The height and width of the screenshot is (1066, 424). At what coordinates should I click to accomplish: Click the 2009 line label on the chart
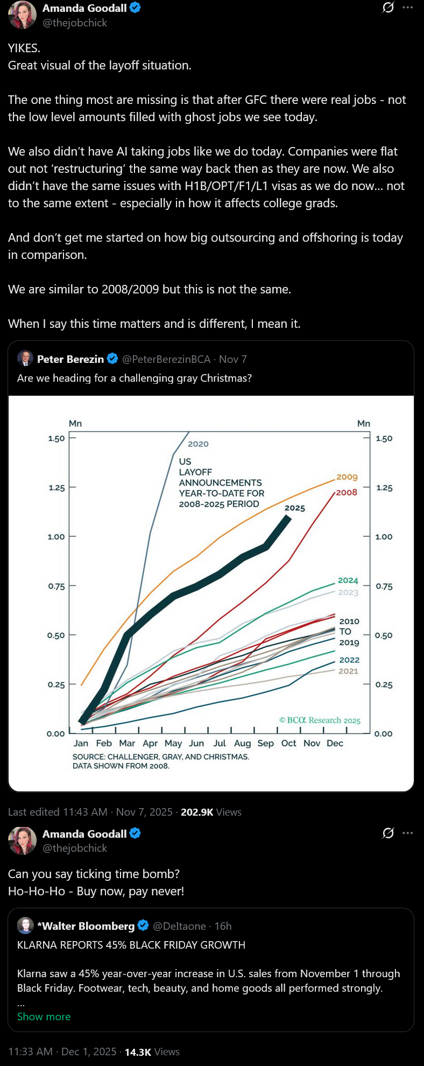(347, 477)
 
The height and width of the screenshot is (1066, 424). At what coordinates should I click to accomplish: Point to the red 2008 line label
(347, 492)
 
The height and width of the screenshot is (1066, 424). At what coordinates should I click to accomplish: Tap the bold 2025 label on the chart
(295, 508)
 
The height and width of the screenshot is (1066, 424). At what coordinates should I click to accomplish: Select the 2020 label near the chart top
(198, 444)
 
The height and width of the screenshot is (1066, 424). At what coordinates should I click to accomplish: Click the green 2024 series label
(348, 580)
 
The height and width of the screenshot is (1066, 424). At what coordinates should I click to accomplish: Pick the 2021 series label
(348, 671)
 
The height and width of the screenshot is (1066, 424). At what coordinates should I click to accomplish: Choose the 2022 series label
(349, 660)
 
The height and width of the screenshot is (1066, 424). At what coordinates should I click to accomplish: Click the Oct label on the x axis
(288, 743)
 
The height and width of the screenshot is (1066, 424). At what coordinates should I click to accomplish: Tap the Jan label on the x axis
(81, 743)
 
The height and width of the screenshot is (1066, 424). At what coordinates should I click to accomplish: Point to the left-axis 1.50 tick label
(56, 438)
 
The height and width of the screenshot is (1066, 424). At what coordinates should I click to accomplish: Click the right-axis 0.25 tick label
(384, 685)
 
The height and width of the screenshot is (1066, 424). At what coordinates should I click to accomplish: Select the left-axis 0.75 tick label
(56, 586)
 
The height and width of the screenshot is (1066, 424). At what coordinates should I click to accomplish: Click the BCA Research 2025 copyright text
(320, 720)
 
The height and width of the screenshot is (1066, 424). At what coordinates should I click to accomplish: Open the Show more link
(44, 1016)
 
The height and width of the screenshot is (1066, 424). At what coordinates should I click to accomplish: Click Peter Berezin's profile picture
(25, 359)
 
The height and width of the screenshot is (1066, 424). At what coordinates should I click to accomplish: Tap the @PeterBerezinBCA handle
(166, 359)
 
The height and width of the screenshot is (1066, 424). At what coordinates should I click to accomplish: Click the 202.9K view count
(197, 812)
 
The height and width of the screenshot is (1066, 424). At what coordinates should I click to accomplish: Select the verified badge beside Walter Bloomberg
(143, 925)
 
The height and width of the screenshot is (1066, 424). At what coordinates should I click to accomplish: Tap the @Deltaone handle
(179, 926)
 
